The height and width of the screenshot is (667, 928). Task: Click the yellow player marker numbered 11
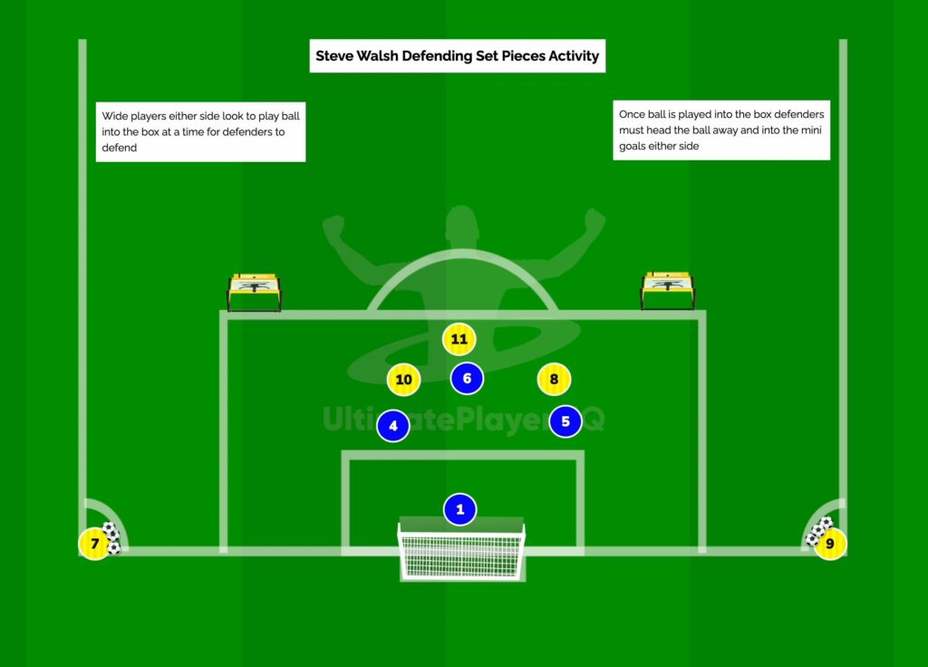click(x=459, y=340)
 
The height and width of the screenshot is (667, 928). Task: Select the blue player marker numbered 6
click(x=467, y=378)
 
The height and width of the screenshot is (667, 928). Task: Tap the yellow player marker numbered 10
click(x=403, y=380)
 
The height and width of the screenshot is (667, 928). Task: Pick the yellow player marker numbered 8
click(x=554, y=379)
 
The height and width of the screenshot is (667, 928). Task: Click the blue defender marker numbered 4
click(x=393, y=426)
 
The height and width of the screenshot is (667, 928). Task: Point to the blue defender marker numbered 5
click(x=565, y=421)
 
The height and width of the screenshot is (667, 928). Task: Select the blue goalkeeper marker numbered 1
click(x=459, y=509)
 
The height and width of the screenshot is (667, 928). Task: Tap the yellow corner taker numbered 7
click(x=94, y=544)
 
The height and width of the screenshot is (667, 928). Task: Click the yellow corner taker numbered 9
click(x=830, y=544)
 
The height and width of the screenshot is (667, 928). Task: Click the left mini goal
click(x=255, y=293)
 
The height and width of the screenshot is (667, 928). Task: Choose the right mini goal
click(x=668, y=291)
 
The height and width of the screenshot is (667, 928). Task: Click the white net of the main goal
click(x=461, y=555)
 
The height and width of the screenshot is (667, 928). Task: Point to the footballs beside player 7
click(x=111, y=538)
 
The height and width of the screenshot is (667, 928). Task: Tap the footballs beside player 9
click(x=818, y=531)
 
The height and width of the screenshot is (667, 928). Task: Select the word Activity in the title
click(x=574, y=57)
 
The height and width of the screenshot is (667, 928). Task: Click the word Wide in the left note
click(x=115, y=116)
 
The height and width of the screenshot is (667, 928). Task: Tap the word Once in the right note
click(x=632, y=114)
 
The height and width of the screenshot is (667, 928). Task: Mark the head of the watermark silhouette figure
click(x=462, y=224)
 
